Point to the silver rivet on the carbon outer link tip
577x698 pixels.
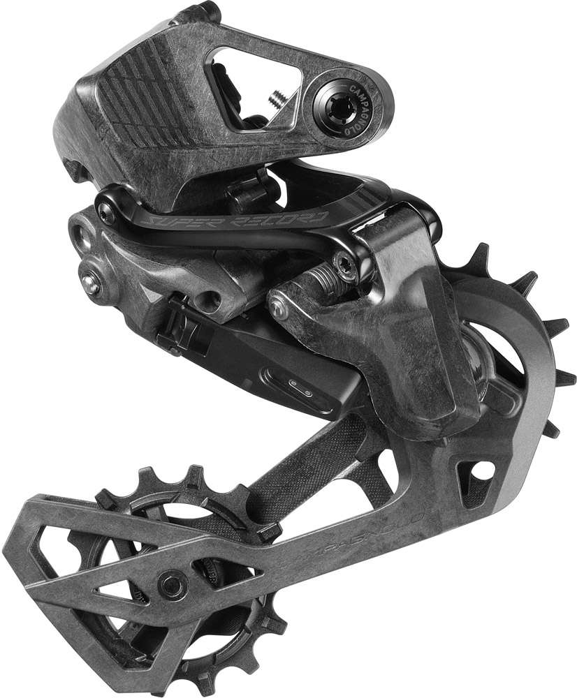(279, 309)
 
